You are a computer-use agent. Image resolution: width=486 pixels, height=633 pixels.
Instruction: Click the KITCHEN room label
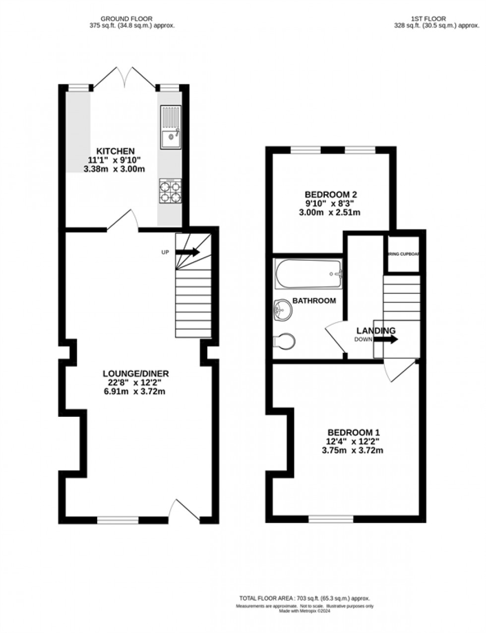point(116,151)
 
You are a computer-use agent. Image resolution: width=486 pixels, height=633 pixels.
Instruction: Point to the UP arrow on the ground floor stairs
point(187,252)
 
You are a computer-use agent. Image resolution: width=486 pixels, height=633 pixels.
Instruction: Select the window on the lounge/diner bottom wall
point(118,519)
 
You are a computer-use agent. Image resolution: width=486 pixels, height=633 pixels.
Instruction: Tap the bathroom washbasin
point(283,310)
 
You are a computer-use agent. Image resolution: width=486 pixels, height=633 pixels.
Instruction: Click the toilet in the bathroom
point(285,341)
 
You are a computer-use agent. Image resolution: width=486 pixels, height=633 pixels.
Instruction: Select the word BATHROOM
point(314,300)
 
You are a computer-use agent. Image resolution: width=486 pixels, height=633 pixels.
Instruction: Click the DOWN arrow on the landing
point(385,340)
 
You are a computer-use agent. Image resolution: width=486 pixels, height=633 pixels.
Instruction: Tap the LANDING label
point(375,331)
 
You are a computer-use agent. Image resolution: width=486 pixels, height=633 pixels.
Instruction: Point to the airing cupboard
point(403,254)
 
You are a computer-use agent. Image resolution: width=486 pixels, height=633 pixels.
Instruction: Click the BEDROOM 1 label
point(353,432)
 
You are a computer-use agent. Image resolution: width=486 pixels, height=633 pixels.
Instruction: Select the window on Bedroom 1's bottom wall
point(331,519)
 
